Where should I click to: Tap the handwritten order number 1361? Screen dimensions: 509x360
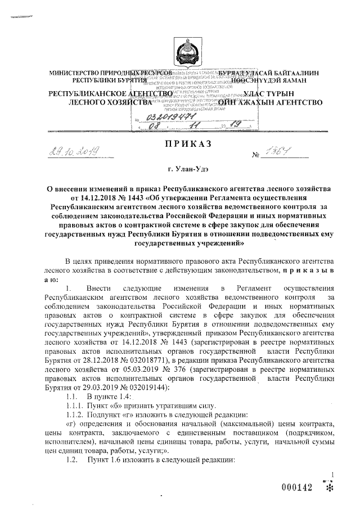click(x=280, y=150)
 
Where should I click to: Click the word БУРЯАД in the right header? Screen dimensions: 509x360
click(x=235, y=74)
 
